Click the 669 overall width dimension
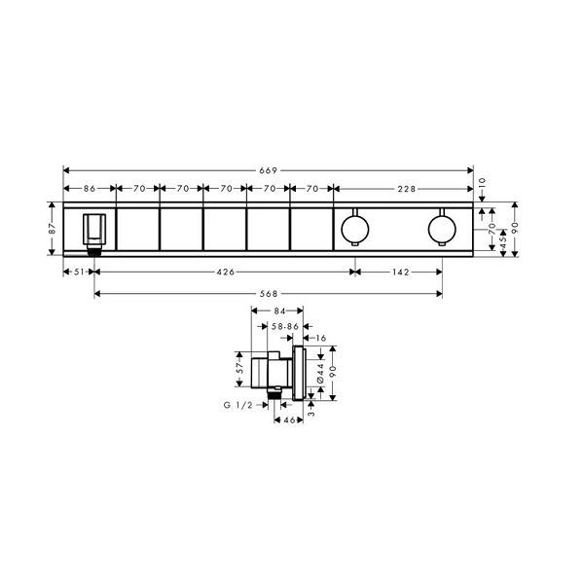point(269,170)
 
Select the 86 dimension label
point(90,189)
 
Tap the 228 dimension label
point(406,189)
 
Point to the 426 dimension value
point(226,272)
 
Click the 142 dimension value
point(400,273)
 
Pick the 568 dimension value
point(269,294)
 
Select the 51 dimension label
point(79,272)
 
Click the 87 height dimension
point(53,229)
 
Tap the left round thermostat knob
point(355,229)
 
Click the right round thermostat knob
point(442,229)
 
